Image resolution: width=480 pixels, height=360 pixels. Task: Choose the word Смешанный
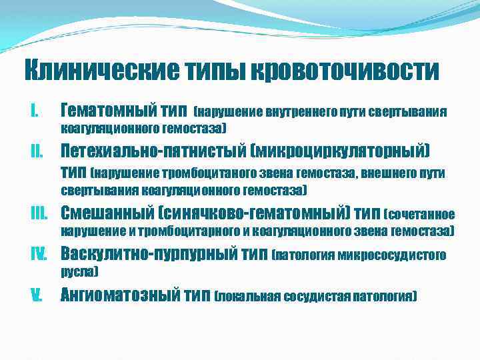(x=99, y=213)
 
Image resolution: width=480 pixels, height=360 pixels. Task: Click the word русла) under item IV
(x=79, y=272)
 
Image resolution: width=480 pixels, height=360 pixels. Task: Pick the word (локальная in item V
(x=247, y=296)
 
